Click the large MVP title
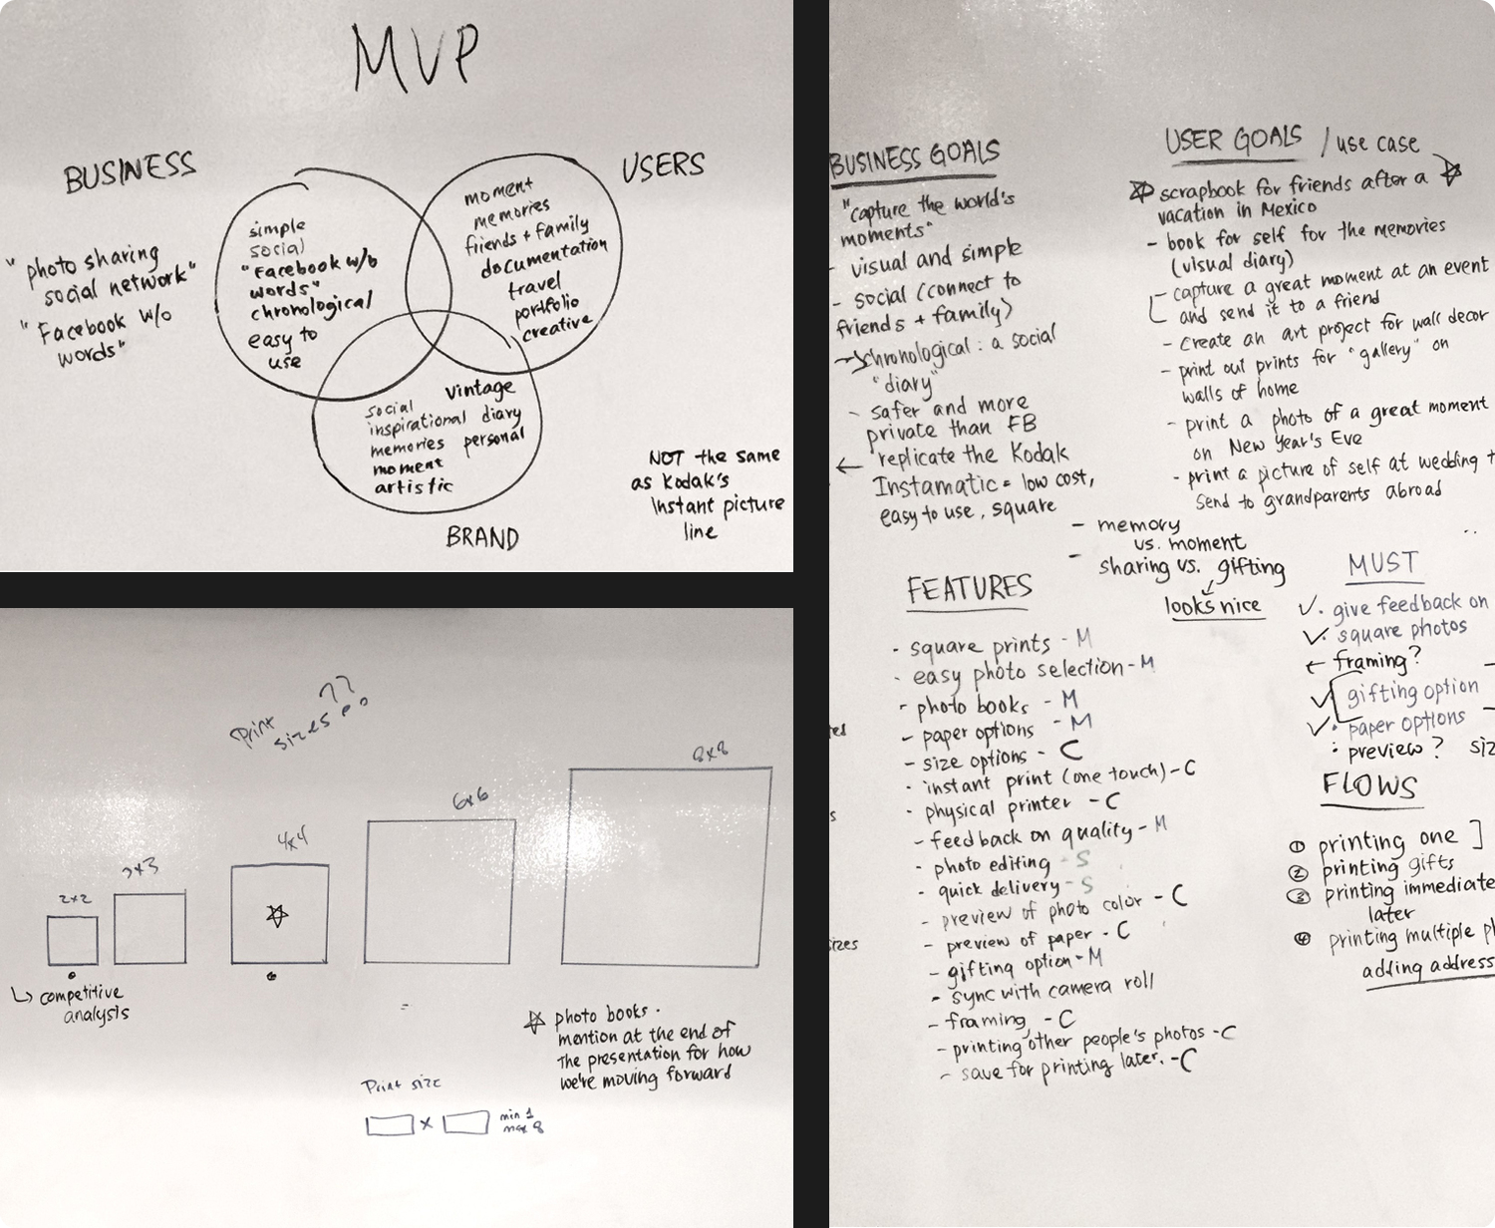click(416, 57)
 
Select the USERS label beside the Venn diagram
click(663, 166)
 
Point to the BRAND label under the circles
click(482, 538)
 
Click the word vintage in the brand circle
click(479, 389)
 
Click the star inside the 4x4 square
click(278, 914)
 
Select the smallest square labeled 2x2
click(73, 941)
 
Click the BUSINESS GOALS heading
click(915, 158)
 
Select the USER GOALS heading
click(1233, 140)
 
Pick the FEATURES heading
click(968, 588)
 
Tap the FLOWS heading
click(1369, 785)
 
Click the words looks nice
click(1212, 605)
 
